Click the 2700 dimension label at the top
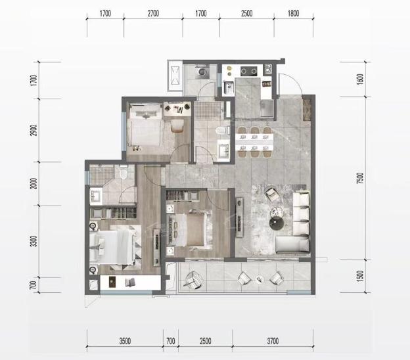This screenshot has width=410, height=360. click(153, 13)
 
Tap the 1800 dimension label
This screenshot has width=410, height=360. click(294, 13)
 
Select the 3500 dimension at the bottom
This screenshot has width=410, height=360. click(125, 341)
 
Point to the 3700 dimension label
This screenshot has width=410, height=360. click(273, 341)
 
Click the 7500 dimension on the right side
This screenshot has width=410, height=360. click(360, 178)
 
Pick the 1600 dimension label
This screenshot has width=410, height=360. click(360, 79)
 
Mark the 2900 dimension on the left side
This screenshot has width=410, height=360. click(34, 130)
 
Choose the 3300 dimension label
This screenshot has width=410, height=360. click(34, 241)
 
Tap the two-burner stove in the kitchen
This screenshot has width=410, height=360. click(248, 70)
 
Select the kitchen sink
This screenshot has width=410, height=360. click(229, 87)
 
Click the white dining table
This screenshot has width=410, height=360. click(254, 142)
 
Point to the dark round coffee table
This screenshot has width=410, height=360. click(277, 223)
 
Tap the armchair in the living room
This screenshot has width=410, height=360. click(272, 194)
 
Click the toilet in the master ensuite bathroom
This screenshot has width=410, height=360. click(124, 171)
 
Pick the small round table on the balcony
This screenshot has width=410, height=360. click(259, 279)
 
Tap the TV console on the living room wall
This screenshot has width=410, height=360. click(239, 217)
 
